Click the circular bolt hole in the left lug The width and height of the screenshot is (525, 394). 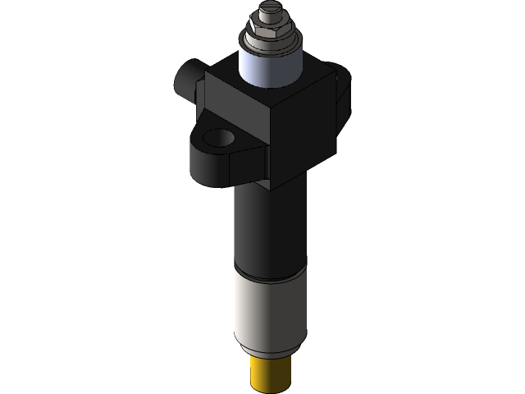click(x=219, y=138)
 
